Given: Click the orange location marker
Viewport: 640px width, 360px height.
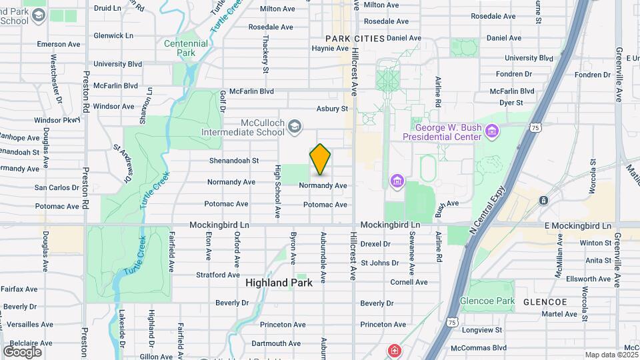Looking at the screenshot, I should [x=320, y=159].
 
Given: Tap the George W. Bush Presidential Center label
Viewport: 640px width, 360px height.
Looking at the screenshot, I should [x=447, y=132].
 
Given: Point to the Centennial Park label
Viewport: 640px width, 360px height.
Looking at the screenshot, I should [x=186, y=48].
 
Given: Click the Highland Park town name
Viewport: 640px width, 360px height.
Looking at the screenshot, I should [x=279, y=283].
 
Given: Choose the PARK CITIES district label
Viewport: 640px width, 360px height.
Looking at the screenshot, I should [x=355, y=39].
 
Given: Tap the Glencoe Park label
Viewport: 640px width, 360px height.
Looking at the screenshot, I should [x=487, y=301].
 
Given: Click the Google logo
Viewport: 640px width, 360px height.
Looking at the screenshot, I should [x=22, y=352].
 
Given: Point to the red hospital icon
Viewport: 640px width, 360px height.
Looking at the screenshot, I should [x=395, y=350].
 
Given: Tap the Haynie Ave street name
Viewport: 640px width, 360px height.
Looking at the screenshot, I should [x=330, y=48].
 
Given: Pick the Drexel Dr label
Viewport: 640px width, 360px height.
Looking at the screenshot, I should [x=375, y=244].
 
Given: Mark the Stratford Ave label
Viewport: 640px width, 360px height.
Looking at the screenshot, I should [x=217, y=275].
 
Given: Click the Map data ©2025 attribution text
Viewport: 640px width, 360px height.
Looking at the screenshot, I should [x=611, y=355].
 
